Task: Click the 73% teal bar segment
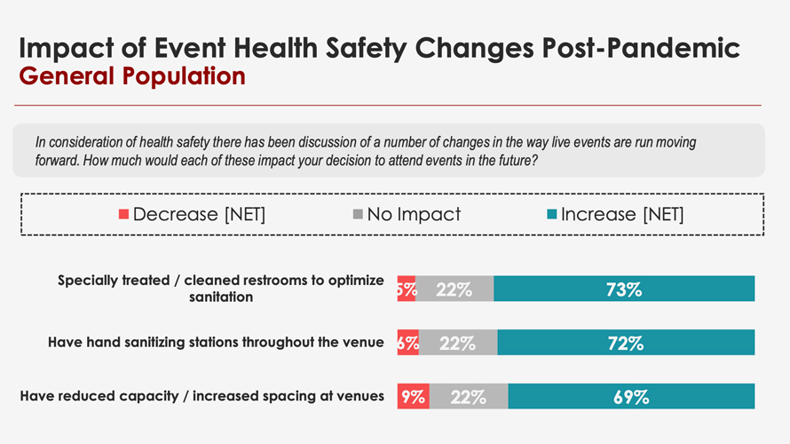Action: tap(624, 289)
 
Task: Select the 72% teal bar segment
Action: tap(626, 343)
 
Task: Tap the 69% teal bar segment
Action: tap(631, 396)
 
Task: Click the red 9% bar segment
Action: tap(413, 396)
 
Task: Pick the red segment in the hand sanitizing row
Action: tap(407, 343)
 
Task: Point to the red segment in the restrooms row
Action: tap(406, 289)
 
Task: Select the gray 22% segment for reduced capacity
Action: tap(469, 396)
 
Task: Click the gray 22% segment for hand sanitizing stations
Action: tap(458, 343)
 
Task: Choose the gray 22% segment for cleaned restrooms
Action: tap(454, 289)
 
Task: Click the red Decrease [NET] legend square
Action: tap(124, 214)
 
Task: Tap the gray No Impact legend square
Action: tap(358, 214)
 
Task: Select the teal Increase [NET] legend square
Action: tap(551, 214)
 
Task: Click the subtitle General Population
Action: tap(132, 76)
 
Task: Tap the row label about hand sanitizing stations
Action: tap(216, 343)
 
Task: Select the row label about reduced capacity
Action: tap(202, 396)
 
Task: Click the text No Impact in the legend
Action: tap(414, 214)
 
